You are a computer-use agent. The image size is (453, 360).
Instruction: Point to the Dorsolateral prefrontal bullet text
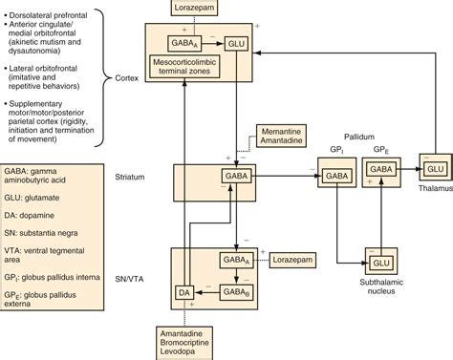65,8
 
